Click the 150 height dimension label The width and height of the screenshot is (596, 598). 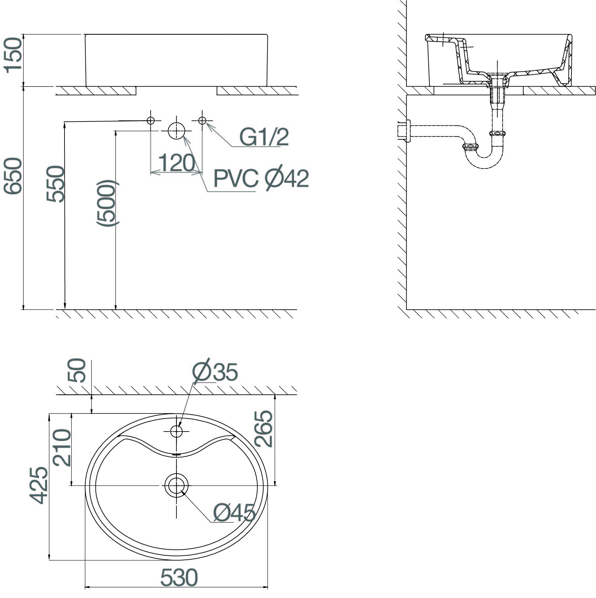point(13,54)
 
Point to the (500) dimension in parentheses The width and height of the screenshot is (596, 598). point(107,203)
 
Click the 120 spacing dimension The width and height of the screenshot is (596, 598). point(176,163)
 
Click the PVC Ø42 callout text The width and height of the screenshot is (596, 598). point(261,179)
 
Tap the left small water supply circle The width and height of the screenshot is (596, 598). point(151,120)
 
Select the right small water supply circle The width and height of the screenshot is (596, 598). point(202,120)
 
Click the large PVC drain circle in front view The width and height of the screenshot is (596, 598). point(176,131)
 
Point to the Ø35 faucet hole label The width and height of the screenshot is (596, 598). point(215,371)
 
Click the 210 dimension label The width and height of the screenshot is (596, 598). point(62,448)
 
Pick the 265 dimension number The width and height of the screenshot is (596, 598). point(263,429)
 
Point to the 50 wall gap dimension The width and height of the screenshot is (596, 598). point(77,370)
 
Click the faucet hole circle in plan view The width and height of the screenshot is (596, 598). point(176,431)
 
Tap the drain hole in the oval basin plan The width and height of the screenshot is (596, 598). point(176,485)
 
